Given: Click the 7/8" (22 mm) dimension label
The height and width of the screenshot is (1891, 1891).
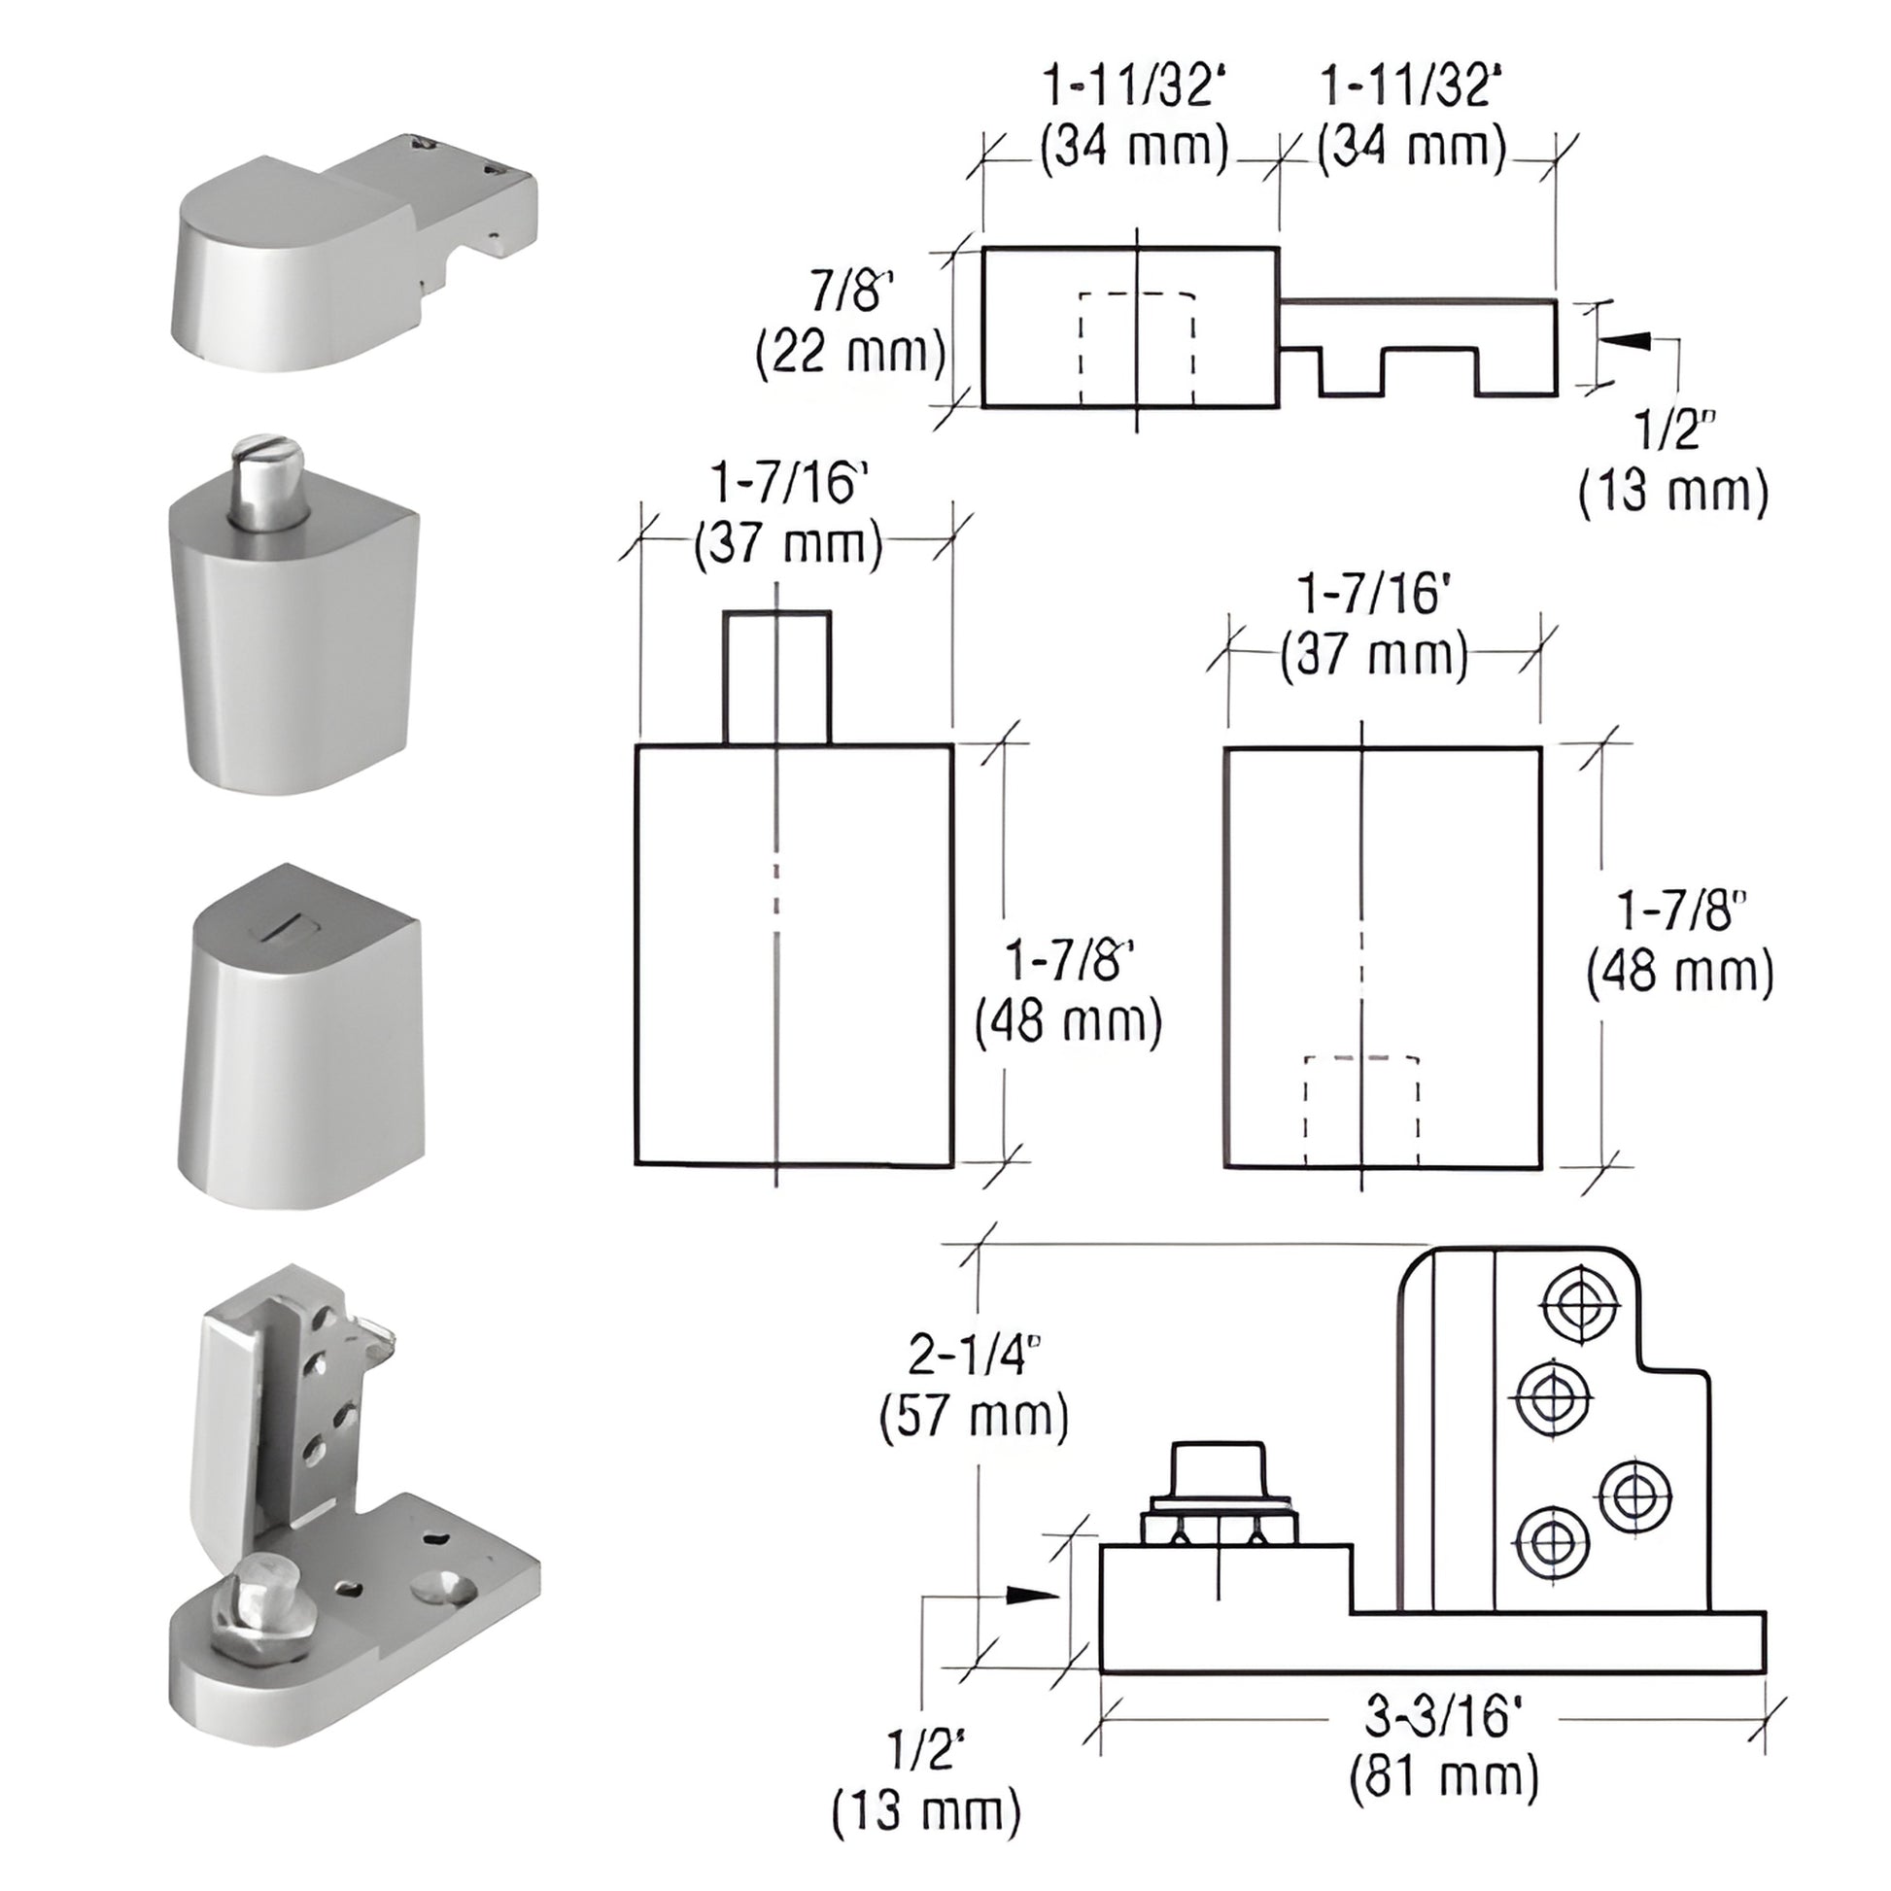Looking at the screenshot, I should pyautogui.click(x=849, y=325).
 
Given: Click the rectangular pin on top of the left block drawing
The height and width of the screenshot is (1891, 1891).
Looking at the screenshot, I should pyautogui.click(x=777, y=677).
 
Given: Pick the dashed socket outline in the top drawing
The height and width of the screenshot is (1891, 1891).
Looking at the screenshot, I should pyautogui.click(x=1136, y=348).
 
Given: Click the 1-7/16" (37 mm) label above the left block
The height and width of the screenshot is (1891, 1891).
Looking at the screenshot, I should pyautogui.click(x=789, y=513).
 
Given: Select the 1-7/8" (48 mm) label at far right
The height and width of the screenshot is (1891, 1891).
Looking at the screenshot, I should pyautogui.click(x=1679, y=942).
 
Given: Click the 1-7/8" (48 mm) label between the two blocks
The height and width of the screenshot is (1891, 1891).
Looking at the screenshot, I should pyautogui.click(x=1069, y=990).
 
